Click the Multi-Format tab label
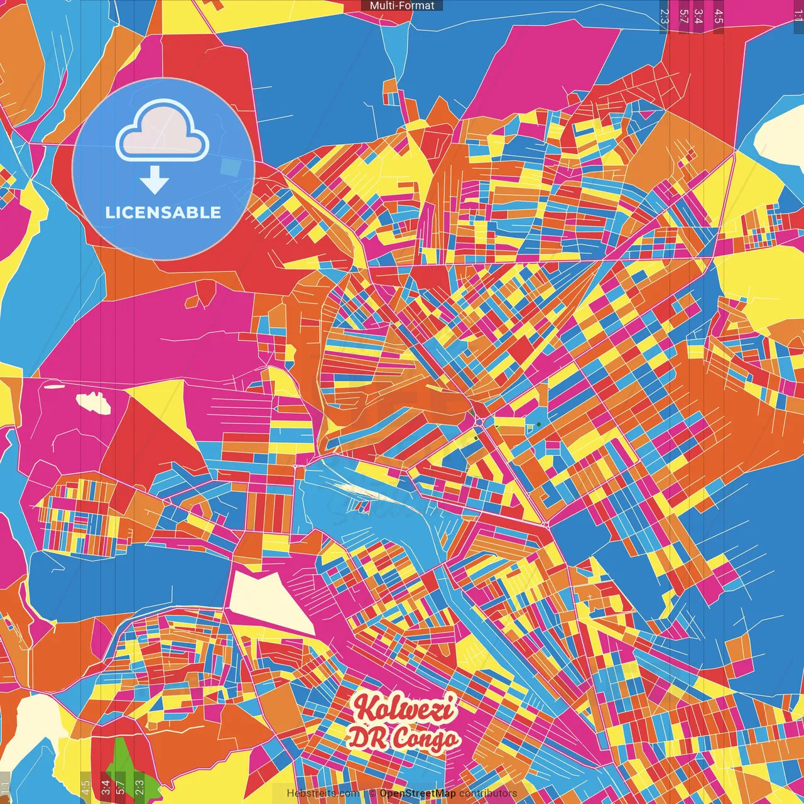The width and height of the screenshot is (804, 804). (x=402, y=6)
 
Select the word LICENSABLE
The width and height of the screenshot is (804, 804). (x=163, y=212)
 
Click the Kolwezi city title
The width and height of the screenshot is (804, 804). (x=405, y=708)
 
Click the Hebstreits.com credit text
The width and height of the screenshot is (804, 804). (x=323, y=793)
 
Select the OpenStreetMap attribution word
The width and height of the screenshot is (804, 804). (x=418, y=793)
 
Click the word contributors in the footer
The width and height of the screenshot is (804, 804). (x=488, y=793)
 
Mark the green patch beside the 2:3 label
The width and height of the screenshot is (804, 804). (x=126, y=763)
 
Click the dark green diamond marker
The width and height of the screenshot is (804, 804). (x=538, y=425)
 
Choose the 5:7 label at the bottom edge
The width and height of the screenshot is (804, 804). (x=121, y=786)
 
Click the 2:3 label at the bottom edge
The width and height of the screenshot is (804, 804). (x=139, y=786)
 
